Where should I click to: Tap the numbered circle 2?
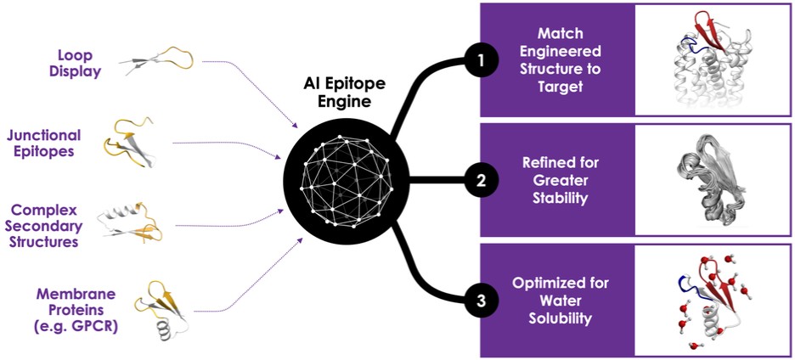[481, 179]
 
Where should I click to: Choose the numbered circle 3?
[481, 299]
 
